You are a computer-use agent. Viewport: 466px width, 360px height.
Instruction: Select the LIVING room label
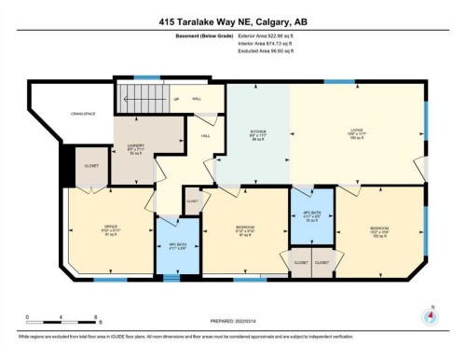357,130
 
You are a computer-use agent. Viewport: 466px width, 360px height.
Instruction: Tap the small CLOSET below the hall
192,201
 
